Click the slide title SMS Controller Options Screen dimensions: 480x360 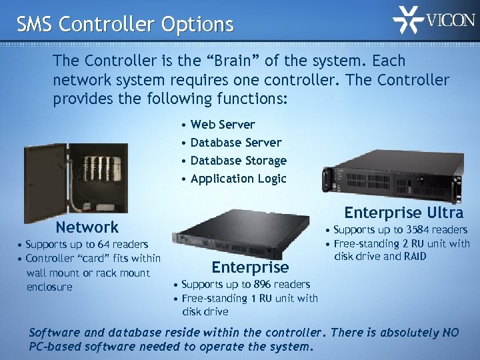click(125, 25)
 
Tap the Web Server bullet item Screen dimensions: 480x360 click(223, 125)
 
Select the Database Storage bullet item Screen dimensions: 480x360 click(238, 161)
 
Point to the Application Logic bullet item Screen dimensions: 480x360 click(238, 179)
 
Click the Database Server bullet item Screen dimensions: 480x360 click(236, 143)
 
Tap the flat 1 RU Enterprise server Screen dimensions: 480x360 click(240, 236)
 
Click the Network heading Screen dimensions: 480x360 click(87, 227)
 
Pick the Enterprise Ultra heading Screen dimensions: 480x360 click(403, 213)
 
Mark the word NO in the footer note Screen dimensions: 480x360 click(449, 333)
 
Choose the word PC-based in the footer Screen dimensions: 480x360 click(61, 347)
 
